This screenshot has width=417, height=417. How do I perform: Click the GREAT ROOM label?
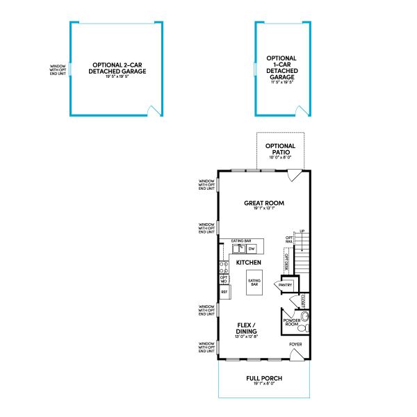[x=264, y=204]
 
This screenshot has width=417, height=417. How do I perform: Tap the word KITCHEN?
[x=248, y=263]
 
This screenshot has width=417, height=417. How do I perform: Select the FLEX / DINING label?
[x=247, y=328]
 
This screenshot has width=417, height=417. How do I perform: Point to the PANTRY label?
[x=286, y=285]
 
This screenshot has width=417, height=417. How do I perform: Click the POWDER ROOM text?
[x=292, y=322]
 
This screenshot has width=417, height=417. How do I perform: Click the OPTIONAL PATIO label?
[x=280, y=149]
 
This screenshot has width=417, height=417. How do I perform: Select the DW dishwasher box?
[x=252, y=248]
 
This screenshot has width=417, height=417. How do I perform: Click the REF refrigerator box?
[x=224, y=292]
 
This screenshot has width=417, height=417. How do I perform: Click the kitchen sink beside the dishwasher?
[x=238, y=248]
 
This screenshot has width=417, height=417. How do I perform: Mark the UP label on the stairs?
[x=302, y=231]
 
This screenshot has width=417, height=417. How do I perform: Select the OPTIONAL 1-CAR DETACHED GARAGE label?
[x=281, y=68]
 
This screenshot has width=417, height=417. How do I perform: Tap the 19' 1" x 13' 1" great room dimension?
[x=264, y=209]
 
